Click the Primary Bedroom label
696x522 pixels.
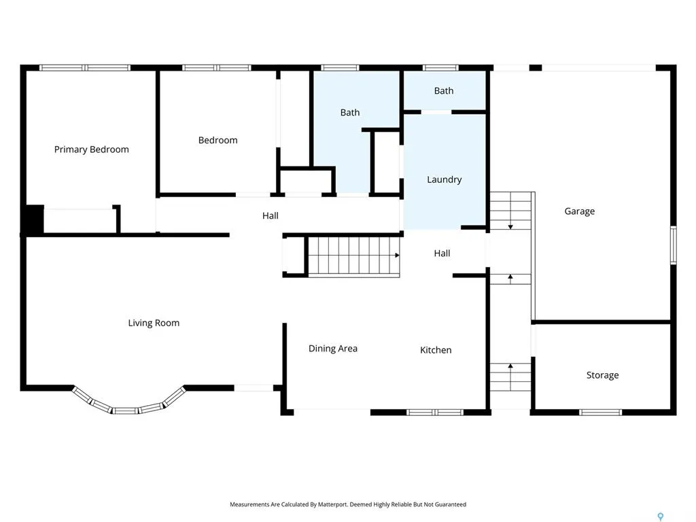point(92,150)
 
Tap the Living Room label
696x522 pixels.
point(154,323)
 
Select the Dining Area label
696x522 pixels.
point(333,349)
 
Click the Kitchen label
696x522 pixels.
point(436,350)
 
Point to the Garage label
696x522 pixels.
point(579,211)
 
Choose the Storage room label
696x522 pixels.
point(602,375)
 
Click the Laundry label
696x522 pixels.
point(444,179)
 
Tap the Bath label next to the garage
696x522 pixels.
point(443,90)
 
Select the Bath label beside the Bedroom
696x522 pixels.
point(350,112)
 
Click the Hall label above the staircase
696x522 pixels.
point(271,215)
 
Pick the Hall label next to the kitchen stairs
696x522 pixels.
point(442,253)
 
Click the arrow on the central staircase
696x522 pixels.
point(397,256)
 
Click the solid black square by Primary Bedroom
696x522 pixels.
point(35,219)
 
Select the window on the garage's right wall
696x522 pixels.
point(673,245)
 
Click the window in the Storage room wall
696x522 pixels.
point(601,413)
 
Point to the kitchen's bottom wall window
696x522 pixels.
point(435,413)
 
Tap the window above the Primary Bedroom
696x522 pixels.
point(85,68)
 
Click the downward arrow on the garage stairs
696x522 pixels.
point(510,227)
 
